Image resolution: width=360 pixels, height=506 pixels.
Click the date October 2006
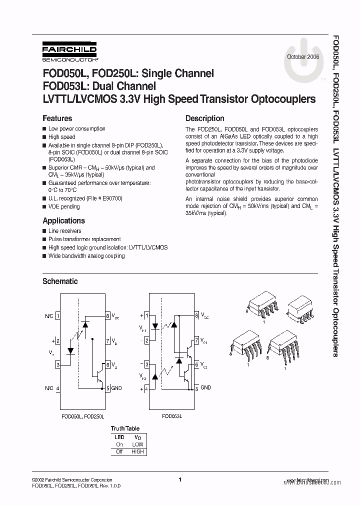[x=303, y=56]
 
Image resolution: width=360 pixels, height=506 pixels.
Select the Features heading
[x=57, y=118]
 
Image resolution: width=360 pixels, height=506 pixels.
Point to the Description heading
[x=204, y=118]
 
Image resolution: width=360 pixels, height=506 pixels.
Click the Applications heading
[x=63, y=220]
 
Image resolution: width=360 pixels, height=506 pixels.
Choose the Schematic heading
[x=60, y=281]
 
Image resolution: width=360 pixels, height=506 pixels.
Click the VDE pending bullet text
[x=64, y=206]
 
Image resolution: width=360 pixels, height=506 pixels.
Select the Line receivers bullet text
[x=65, y=231]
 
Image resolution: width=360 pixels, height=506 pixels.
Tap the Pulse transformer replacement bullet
[x=84, y=239]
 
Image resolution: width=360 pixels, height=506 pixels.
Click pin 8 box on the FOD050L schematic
[x=107, y=316]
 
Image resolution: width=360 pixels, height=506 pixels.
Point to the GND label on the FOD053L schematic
[x=205, y=387]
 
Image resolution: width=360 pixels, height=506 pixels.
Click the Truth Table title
[x=125, y=428]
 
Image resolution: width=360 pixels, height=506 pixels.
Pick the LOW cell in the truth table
[x=137, y=444]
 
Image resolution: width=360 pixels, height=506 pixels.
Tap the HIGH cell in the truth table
[x=137, y=451]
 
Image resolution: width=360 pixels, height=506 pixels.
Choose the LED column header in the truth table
[x=119, y=436]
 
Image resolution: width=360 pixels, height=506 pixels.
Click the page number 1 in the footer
[x=179, y=480]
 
